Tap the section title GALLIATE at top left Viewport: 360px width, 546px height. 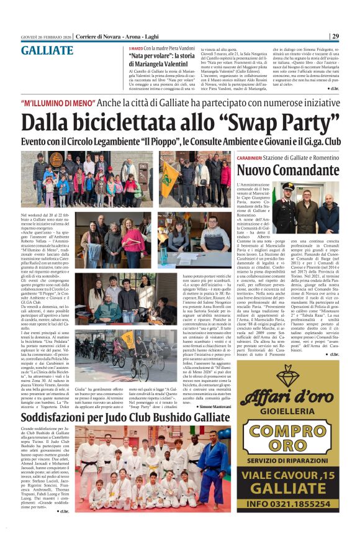(x=47, y=51)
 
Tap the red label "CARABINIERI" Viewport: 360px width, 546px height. (x=254, y=158)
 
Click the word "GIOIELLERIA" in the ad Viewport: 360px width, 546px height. (x=287, y=410)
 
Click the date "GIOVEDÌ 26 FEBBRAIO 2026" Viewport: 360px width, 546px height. (x=47, y=37)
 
